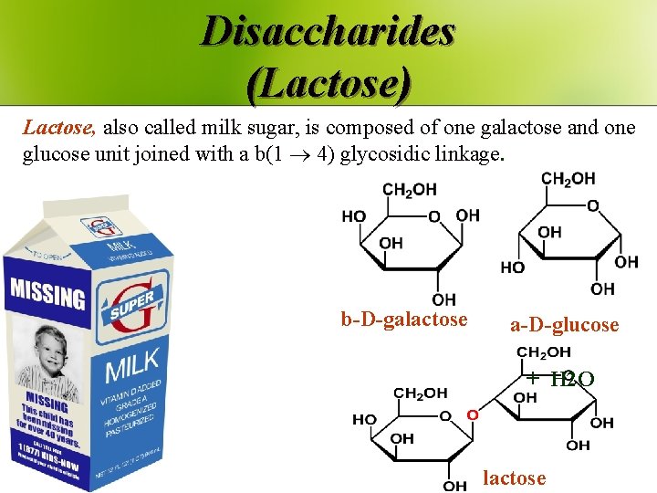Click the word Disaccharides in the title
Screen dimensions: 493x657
click(x=328, y=31)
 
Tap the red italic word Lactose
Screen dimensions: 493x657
click(x=57, y=128)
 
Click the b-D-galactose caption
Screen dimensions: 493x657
click(x=404, y=319)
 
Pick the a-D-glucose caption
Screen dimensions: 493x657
click(x=564, y=324)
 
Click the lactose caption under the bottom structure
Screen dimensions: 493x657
click(x=514, y=477)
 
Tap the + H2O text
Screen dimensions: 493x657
click(x=560, y=378)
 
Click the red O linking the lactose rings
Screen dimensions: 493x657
click(x=472, y=414)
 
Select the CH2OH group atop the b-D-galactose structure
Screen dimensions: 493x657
click(x=410, y=190)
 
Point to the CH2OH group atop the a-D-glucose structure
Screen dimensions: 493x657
click(x=568, y=179)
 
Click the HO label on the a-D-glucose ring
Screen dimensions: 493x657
click(x=512, y=267)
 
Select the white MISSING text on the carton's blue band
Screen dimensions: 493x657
click(x=47, y=294)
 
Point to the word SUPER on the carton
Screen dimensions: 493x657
click(x=133, y=310)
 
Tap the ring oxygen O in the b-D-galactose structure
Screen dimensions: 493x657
click(x=434, y=216)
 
